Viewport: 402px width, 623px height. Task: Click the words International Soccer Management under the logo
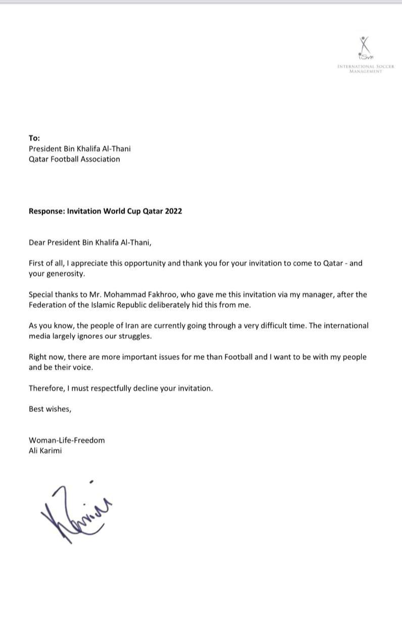[366, 69]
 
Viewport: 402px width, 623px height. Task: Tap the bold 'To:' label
[34, 138]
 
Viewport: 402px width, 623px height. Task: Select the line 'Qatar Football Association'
[74, 159]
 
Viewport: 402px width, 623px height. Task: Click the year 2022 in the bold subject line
[173, 211]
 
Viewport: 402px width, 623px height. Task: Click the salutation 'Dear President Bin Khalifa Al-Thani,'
[90, 242]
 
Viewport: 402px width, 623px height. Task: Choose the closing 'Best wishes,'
[50, 409]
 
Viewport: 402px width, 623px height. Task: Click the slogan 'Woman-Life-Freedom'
[67, 440]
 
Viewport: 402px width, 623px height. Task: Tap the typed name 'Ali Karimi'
[45, 451]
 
